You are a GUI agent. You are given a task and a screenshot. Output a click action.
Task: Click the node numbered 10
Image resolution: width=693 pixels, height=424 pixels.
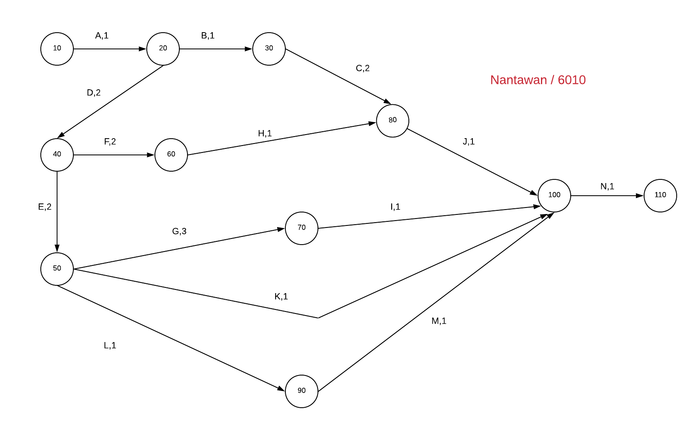coord(57,49)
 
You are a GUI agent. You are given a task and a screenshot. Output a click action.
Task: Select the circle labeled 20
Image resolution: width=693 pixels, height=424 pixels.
coord(163,49)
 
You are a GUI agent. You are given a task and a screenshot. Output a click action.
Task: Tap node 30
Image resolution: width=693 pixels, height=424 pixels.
coord(269,49)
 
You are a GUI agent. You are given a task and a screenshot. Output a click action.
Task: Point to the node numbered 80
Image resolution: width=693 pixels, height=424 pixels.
coord(393,121)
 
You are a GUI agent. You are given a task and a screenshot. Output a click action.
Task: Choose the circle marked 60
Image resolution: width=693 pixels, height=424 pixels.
coord(171,155)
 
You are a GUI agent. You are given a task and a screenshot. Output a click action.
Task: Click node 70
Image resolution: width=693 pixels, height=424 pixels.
coord(302,228)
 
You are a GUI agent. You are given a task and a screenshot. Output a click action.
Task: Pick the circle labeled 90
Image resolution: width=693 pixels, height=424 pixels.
coord(302,391)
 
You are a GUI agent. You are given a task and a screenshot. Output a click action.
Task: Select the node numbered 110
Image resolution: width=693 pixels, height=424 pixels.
coord(660,196)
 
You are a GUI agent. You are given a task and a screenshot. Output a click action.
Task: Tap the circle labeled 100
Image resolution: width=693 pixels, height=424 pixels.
coord(554,196)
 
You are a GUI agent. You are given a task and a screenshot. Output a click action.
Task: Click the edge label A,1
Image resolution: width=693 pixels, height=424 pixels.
coord(102,35)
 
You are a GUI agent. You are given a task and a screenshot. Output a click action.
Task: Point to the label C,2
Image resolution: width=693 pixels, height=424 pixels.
coord(363,68)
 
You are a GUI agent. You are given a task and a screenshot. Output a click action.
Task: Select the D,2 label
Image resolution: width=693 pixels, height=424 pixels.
coord(94,93)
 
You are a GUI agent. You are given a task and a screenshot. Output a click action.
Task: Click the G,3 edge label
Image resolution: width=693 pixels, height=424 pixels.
coord(179,231)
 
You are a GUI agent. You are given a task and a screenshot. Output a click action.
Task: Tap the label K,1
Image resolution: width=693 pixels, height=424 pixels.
coord(281,296)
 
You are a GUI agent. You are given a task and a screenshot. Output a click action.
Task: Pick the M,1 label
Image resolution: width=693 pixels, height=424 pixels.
coord(439,321)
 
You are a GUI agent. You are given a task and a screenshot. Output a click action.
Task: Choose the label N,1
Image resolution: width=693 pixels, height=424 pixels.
coord(607,186)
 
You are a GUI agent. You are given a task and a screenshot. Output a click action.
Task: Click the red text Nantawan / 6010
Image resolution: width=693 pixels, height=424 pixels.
coord(538,80)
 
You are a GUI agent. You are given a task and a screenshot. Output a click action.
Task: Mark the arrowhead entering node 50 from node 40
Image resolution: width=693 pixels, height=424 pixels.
coord(57,249)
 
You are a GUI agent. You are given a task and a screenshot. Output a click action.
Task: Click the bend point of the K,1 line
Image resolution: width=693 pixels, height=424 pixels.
coord(318,318)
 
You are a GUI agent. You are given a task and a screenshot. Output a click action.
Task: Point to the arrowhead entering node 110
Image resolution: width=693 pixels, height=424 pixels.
coord(640,196)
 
